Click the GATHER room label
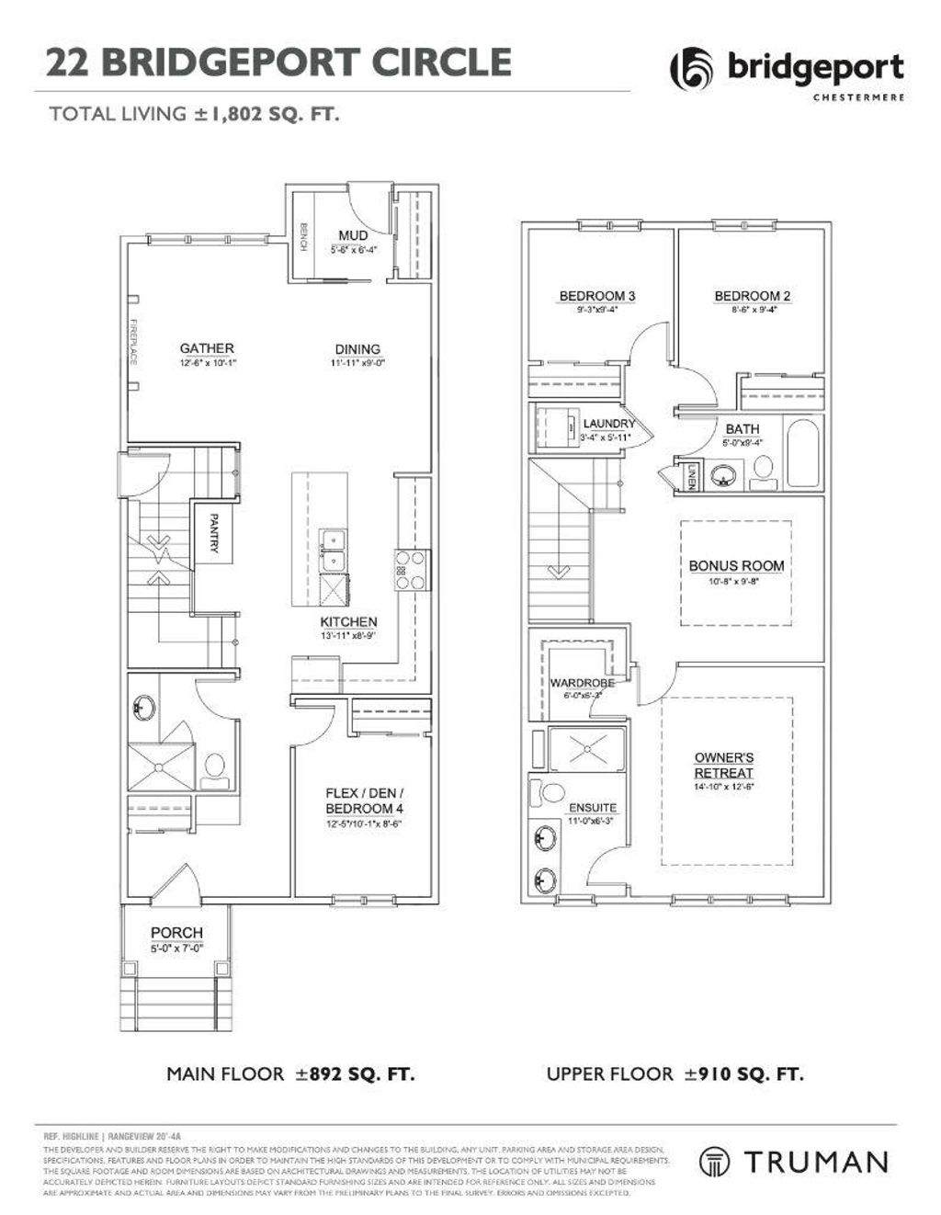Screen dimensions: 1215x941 207,348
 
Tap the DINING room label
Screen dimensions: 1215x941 357,349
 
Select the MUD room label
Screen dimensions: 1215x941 353,236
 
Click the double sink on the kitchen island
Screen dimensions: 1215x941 333,551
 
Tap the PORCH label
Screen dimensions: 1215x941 176,933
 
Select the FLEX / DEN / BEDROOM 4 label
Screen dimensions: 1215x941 365,801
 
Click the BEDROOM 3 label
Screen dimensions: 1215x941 597,296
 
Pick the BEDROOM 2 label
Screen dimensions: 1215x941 752,296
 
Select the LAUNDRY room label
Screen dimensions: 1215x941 608,424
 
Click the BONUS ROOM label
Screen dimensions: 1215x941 736,566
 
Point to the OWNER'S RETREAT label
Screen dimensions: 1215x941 724,765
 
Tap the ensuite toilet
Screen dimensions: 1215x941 551,792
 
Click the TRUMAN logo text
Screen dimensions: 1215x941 815,1162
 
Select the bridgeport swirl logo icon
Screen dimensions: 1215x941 691,69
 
